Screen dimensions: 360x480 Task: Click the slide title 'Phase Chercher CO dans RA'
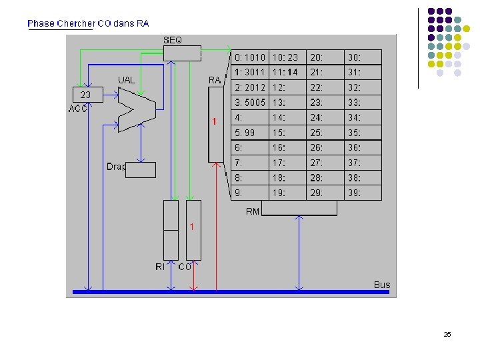(88, 23)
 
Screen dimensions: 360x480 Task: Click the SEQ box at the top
(182, 53)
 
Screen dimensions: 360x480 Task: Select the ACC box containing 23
(86, 95)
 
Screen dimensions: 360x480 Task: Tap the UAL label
(127, 80)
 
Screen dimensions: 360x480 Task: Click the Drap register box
(141, 170)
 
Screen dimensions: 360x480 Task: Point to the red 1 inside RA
(214, 121)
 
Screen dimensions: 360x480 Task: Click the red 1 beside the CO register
(192, 227)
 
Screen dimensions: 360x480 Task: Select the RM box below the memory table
(299, 209)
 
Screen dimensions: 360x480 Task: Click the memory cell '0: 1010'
(250, 57)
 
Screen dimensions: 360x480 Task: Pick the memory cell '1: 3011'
(250, 72)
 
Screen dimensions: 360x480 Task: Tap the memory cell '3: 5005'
(250, 103)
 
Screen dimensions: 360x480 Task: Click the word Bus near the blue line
(382, 285)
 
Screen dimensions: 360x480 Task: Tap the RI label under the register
(160, 267)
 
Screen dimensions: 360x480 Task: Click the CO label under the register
(185, 267)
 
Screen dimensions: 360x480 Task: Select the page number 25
(447, 334)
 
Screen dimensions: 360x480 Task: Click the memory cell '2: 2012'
(250, 87)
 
